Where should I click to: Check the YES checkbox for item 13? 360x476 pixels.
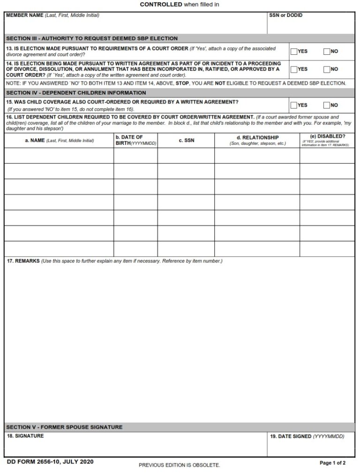(294, 52)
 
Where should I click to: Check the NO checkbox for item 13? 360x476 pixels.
(327, 52)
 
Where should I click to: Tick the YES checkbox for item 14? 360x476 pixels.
(294, 69)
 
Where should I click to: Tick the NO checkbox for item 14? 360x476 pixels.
(327, 69)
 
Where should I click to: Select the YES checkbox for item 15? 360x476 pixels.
(294, 105)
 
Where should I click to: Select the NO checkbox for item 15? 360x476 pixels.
(327, 105)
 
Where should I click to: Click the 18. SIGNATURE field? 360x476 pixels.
(135, 447)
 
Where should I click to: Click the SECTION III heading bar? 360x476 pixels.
(180, 38)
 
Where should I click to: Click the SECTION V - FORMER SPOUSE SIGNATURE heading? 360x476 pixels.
(64, 427)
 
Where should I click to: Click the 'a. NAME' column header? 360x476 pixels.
(59, 141)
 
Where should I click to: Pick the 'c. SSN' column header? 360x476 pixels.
(186, 141)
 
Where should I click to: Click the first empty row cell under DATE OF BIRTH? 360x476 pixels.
(135, 156)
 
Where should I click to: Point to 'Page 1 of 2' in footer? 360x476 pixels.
(332, 463)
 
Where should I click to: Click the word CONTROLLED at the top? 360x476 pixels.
(161, 4)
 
